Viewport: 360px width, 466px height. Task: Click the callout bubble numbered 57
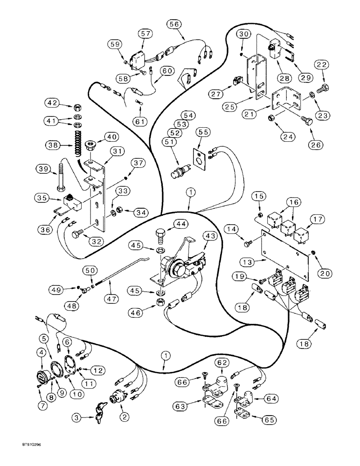pyautogui.click(x=145, y=34)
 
